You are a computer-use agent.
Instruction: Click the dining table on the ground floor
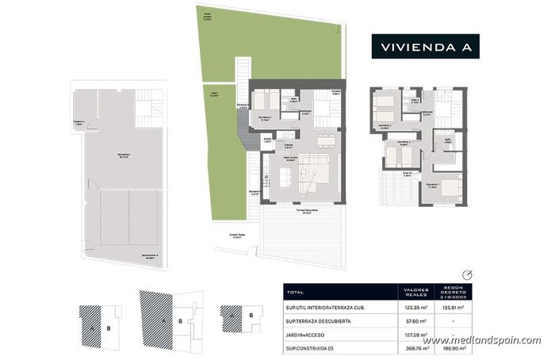[x=323, y=140]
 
